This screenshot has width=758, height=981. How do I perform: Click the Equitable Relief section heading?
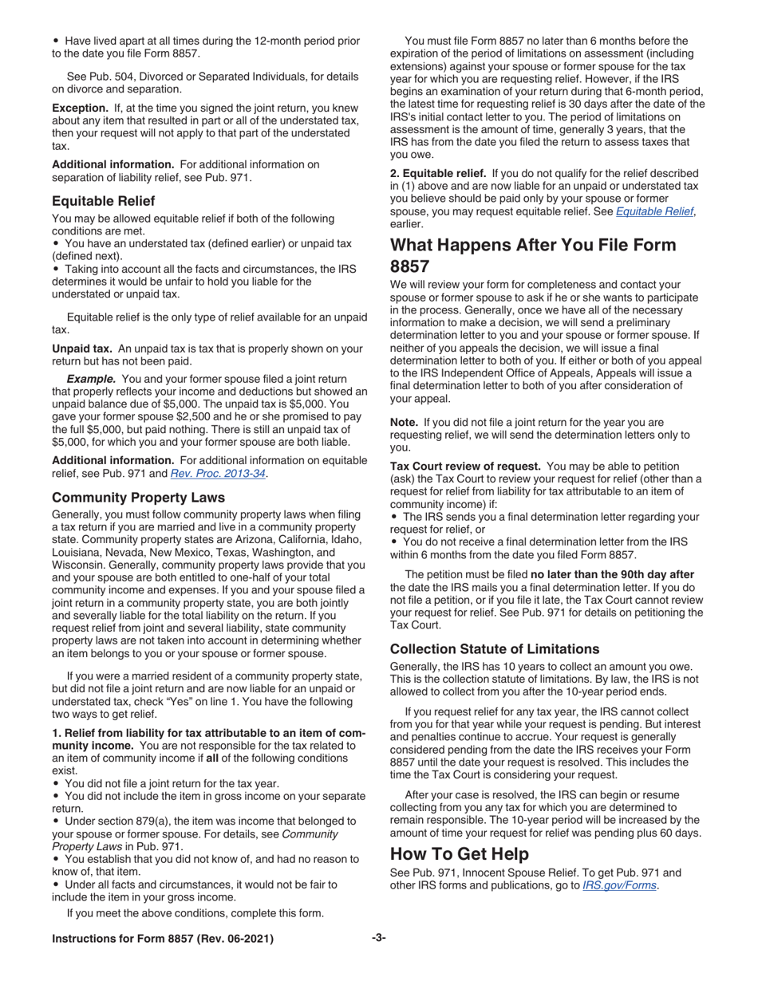104,200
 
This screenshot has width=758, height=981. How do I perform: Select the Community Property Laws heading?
138,497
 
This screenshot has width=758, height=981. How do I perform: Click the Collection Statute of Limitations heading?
495,648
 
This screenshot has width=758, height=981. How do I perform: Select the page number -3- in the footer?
379,939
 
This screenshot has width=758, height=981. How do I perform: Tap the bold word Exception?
80,108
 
